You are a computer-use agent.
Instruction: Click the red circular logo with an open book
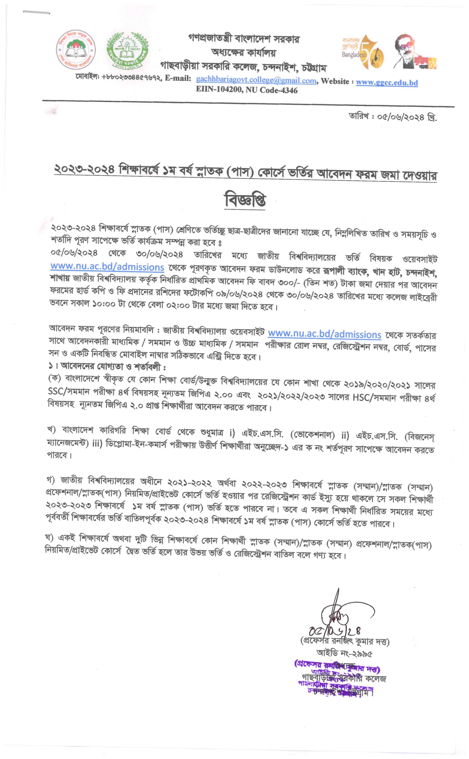point(76,50)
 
